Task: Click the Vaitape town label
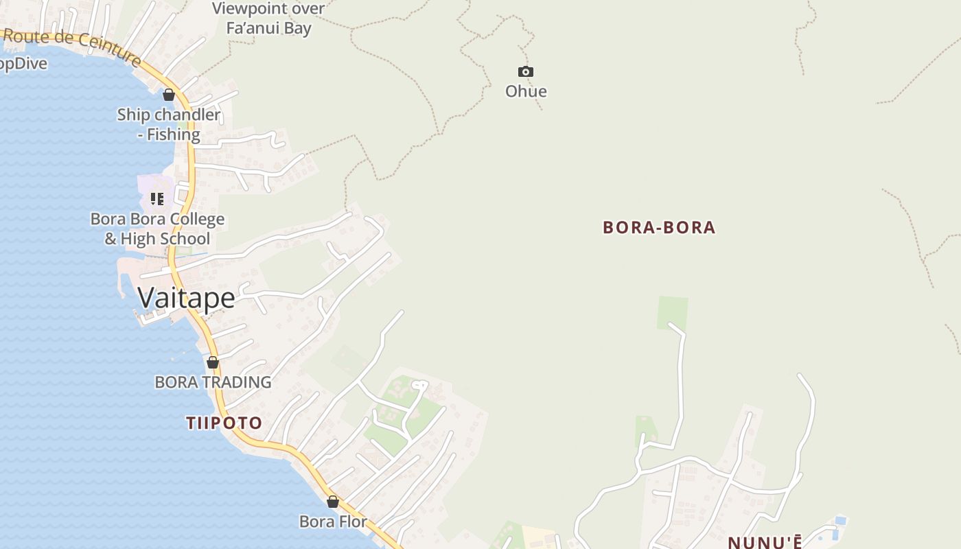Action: [x=186, y=298]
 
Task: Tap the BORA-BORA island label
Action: [x=659, y=228]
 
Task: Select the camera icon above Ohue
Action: [x=526, y=71]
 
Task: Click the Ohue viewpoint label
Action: [x=526, y=91]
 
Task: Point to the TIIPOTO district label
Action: [x=224, y=423]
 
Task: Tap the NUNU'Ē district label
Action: [x=765, y=542]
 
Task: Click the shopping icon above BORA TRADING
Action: [x=213, y=362]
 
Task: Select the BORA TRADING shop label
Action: [x=213, y=382]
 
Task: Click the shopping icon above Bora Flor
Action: [x=333, y=502]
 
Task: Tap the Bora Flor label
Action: [x=333, y=522]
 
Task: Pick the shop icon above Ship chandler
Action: [x=169, y=95]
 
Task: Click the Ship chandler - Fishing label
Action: [x=169, y=124]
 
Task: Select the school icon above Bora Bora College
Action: [x=157, y=199]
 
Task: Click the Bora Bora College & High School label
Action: [x=157, y=229]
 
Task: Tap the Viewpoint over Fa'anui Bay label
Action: [x=268, y=19]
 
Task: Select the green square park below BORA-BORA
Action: [x=672, y=312]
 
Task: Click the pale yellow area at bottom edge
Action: [x=539, y=538]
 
